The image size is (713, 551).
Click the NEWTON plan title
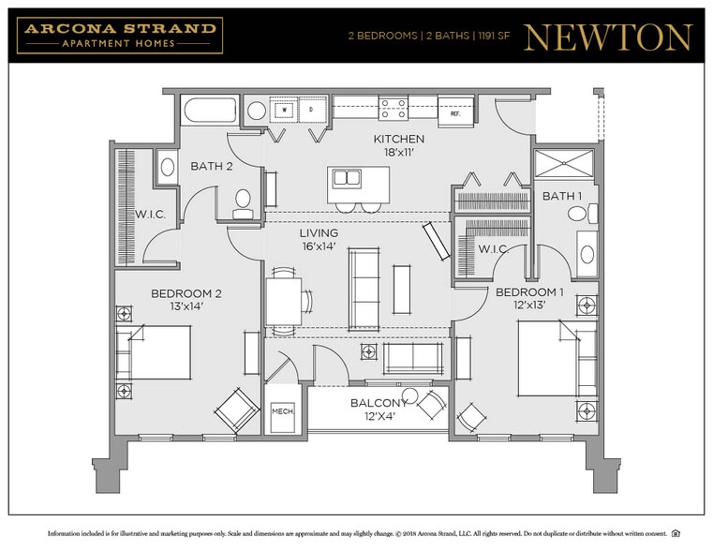point(608,37)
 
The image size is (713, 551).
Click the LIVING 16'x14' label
point(319,240)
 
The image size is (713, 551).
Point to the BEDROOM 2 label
point(186,299)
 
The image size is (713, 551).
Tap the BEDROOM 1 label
point(529,298)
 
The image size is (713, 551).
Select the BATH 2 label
point(211,166)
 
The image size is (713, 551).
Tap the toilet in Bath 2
point(243,201)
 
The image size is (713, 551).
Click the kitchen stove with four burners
point(394,109)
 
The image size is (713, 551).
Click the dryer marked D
point(311,110)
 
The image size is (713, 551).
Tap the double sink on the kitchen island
point(348,178)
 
